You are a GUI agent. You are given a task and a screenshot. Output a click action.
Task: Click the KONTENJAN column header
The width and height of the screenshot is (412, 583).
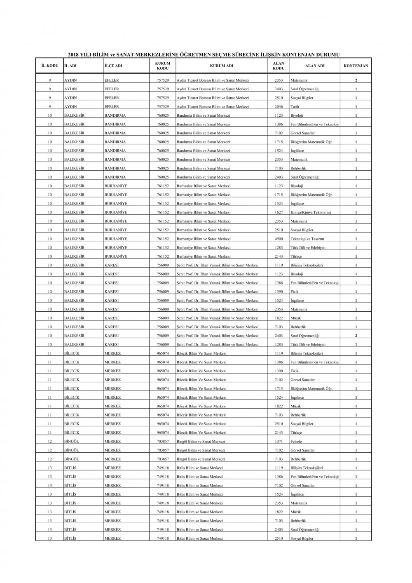point(356,66)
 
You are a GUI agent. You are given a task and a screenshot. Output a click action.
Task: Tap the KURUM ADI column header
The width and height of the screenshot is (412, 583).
point(222,66)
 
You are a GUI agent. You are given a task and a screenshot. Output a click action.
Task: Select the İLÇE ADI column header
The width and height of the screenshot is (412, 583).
point(113,66)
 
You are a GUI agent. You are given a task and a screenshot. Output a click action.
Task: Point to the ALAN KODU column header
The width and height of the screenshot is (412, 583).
point(279,66)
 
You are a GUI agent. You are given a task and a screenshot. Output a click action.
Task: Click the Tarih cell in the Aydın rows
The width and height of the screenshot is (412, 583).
point(295,107)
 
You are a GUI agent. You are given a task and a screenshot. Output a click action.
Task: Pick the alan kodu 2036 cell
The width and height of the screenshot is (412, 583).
point(279,107)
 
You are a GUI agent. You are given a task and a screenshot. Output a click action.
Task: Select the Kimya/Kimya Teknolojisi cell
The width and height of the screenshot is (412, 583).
point(311,212)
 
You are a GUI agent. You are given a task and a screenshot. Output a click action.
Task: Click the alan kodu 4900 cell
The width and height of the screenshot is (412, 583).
point(279,239)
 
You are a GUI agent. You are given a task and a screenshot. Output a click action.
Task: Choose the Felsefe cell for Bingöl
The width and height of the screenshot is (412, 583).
point(296,442)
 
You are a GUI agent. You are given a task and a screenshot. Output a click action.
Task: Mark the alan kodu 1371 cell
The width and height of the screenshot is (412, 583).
point(279,442)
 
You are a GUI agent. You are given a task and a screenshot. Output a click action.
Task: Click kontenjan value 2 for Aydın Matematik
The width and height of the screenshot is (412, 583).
point(356,80)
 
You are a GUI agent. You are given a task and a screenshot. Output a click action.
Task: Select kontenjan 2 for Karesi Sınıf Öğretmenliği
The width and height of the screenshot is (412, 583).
point(356,336)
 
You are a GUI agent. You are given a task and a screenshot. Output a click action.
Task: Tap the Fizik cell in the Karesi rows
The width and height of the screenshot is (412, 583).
point(295,291)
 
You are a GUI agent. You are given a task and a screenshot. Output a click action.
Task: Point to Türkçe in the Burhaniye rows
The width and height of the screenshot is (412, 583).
point(296,256)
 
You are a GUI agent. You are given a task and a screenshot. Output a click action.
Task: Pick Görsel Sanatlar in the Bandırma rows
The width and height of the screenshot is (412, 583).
point(303,133)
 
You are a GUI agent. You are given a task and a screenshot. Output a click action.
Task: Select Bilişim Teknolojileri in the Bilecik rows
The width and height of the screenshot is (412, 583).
point(307,353)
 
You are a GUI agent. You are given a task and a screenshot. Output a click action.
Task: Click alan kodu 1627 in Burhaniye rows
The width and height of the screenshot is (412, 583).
point(279,212)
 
